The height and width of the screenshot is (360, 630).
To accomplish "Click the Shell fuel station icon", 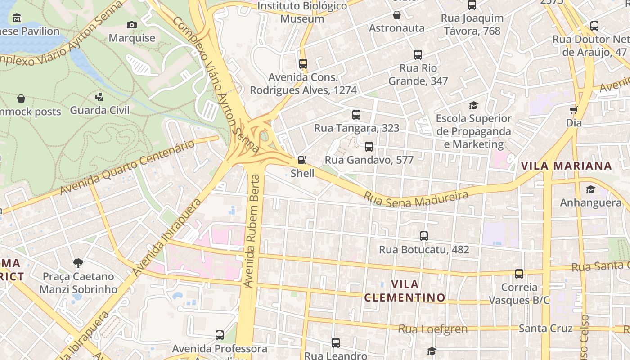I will click(x=302, y=160).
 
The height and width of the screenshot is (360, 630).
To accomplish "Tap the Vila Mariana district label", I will click(x=566, y=166).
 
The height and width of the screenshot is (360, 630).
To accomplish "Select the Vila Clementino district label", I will click(x=405, y=291).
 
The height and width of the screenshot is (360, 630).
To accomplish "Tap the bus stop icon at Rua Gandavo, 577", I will click(x=369, y=146).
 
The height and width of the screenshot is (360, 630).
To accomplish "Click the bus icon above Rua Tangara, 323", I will click(x=356, y=115).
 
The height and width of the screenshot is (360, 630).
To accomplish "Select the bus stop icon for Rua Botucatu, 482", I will click(x=423, y=236).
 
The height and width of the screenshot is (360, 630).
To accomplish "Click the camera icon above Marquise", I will click(x=132, y=25).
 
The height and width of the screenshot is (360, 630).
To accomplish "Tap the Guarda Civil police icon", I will click(x=99, y=97).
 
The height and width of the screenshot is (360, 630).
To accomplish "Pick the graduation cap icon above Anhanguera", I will click(x=590, y=190).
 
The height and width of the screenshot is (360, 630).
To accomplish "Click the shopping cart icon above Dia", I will click(x=574, y=110).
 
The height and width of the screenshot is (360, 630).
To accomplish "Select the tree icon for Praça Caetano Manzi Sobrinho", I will click(x=78, y=263).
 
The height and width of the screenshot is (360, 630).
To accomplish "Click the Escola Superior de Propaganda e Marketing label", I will click(x=473, y=131).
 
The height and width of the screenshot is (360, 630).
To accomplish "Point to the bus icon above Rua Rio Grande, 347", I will click(x=418, y=55).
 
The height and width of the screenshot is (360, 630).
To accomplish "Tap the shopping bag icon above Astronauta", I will click(x=396, y=15).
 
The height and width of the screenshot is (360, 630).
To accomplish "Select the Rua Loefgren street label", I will click(x=433, y=329).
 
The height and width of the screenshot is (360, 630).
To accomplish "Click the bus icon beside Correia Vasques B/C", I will click(x=519, y=274).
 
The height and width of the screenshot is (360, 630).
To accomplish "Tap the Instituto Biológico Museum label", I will click(x=302, y=12).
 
